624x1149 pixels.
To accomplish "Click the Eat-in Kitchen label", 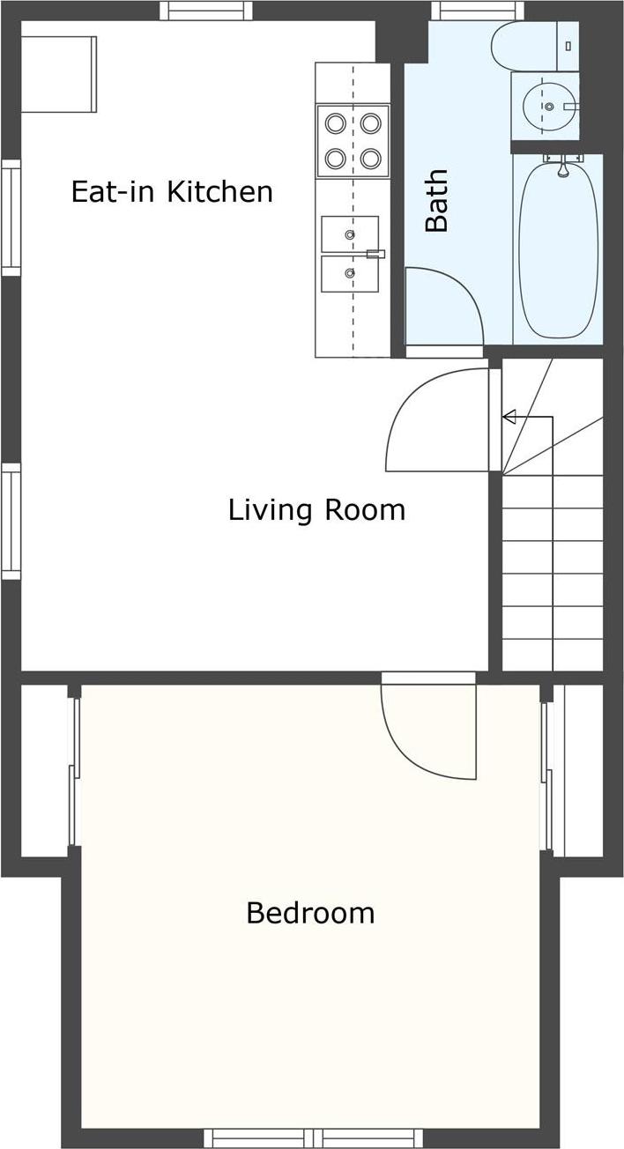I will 172,192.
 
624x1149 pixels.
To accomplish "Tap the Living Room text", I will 316,510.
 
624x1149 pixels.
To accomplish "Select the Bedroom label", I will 310,913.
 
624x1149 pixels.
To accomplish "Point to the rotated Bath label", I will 436,201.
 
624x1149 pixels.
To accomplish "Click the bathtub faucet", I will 561,164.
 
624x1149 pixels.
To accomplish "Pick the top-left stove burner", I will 335,122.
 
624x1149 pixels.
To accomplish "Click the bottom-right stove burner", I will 370,159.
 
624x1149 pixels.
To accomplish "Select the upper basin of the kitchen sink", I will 350,234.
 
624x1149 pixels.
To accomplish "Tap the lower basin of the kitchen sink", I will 350,274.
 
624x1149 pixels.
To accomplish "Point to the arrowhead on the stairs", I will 509,417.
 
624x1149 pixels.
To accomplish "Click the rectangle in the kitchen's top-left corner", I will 58,74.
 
